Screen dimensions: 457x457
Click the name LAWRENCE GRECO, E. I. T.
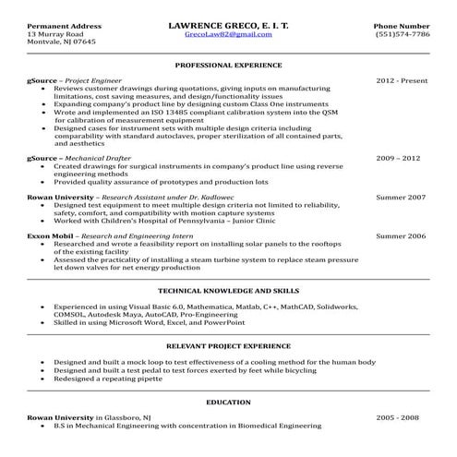tap(228, 23)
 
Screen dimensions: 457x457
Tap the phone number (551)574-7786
tap(402, 33)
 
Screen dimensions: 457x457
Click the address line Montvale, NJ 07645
tap(61, 42)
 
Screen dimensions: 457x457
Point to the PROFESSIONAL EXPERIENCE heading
tap(228, 67)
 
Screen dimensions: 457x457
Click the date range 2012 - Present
tap(402, 81)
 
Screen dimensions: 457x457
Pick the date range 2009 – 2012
tap(402, 158)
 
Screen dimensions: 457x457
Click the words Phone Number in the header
tap(402, 24)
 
